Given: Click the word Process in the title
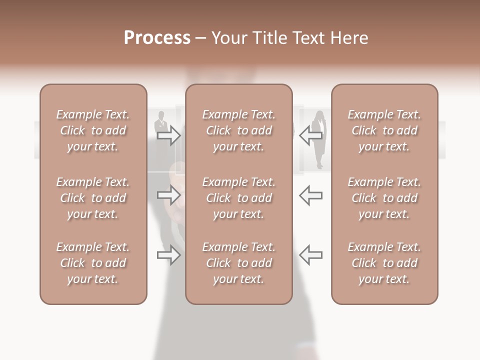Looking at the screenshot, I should (157, 38).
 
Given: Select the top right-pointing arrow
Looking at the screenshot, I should (169, 135).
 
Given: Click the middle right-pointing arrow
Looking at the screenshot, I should (169, 195).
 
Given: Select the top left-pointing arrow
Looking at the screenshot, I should (310, 135).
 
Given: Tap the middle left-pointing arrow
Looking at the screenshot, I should (310, 195).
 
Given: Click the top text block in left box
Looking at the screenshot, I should (93, 130).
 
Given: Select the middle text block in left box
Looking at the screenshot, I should (93, 198).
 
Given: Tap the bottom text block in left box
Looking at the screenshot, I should (93, 263).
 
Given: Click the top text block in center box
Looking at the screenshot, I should (239, 130).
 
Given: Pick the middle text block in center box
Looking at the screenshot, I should (239, 198).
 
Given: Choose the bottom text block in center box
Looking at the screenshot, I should (239, 263).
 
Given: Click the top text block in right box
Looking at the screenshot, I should (384, 130).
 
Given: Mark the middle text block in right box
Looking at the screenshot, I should (384, 198).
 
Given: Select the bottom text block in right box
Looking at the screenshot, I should (384, 263).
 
